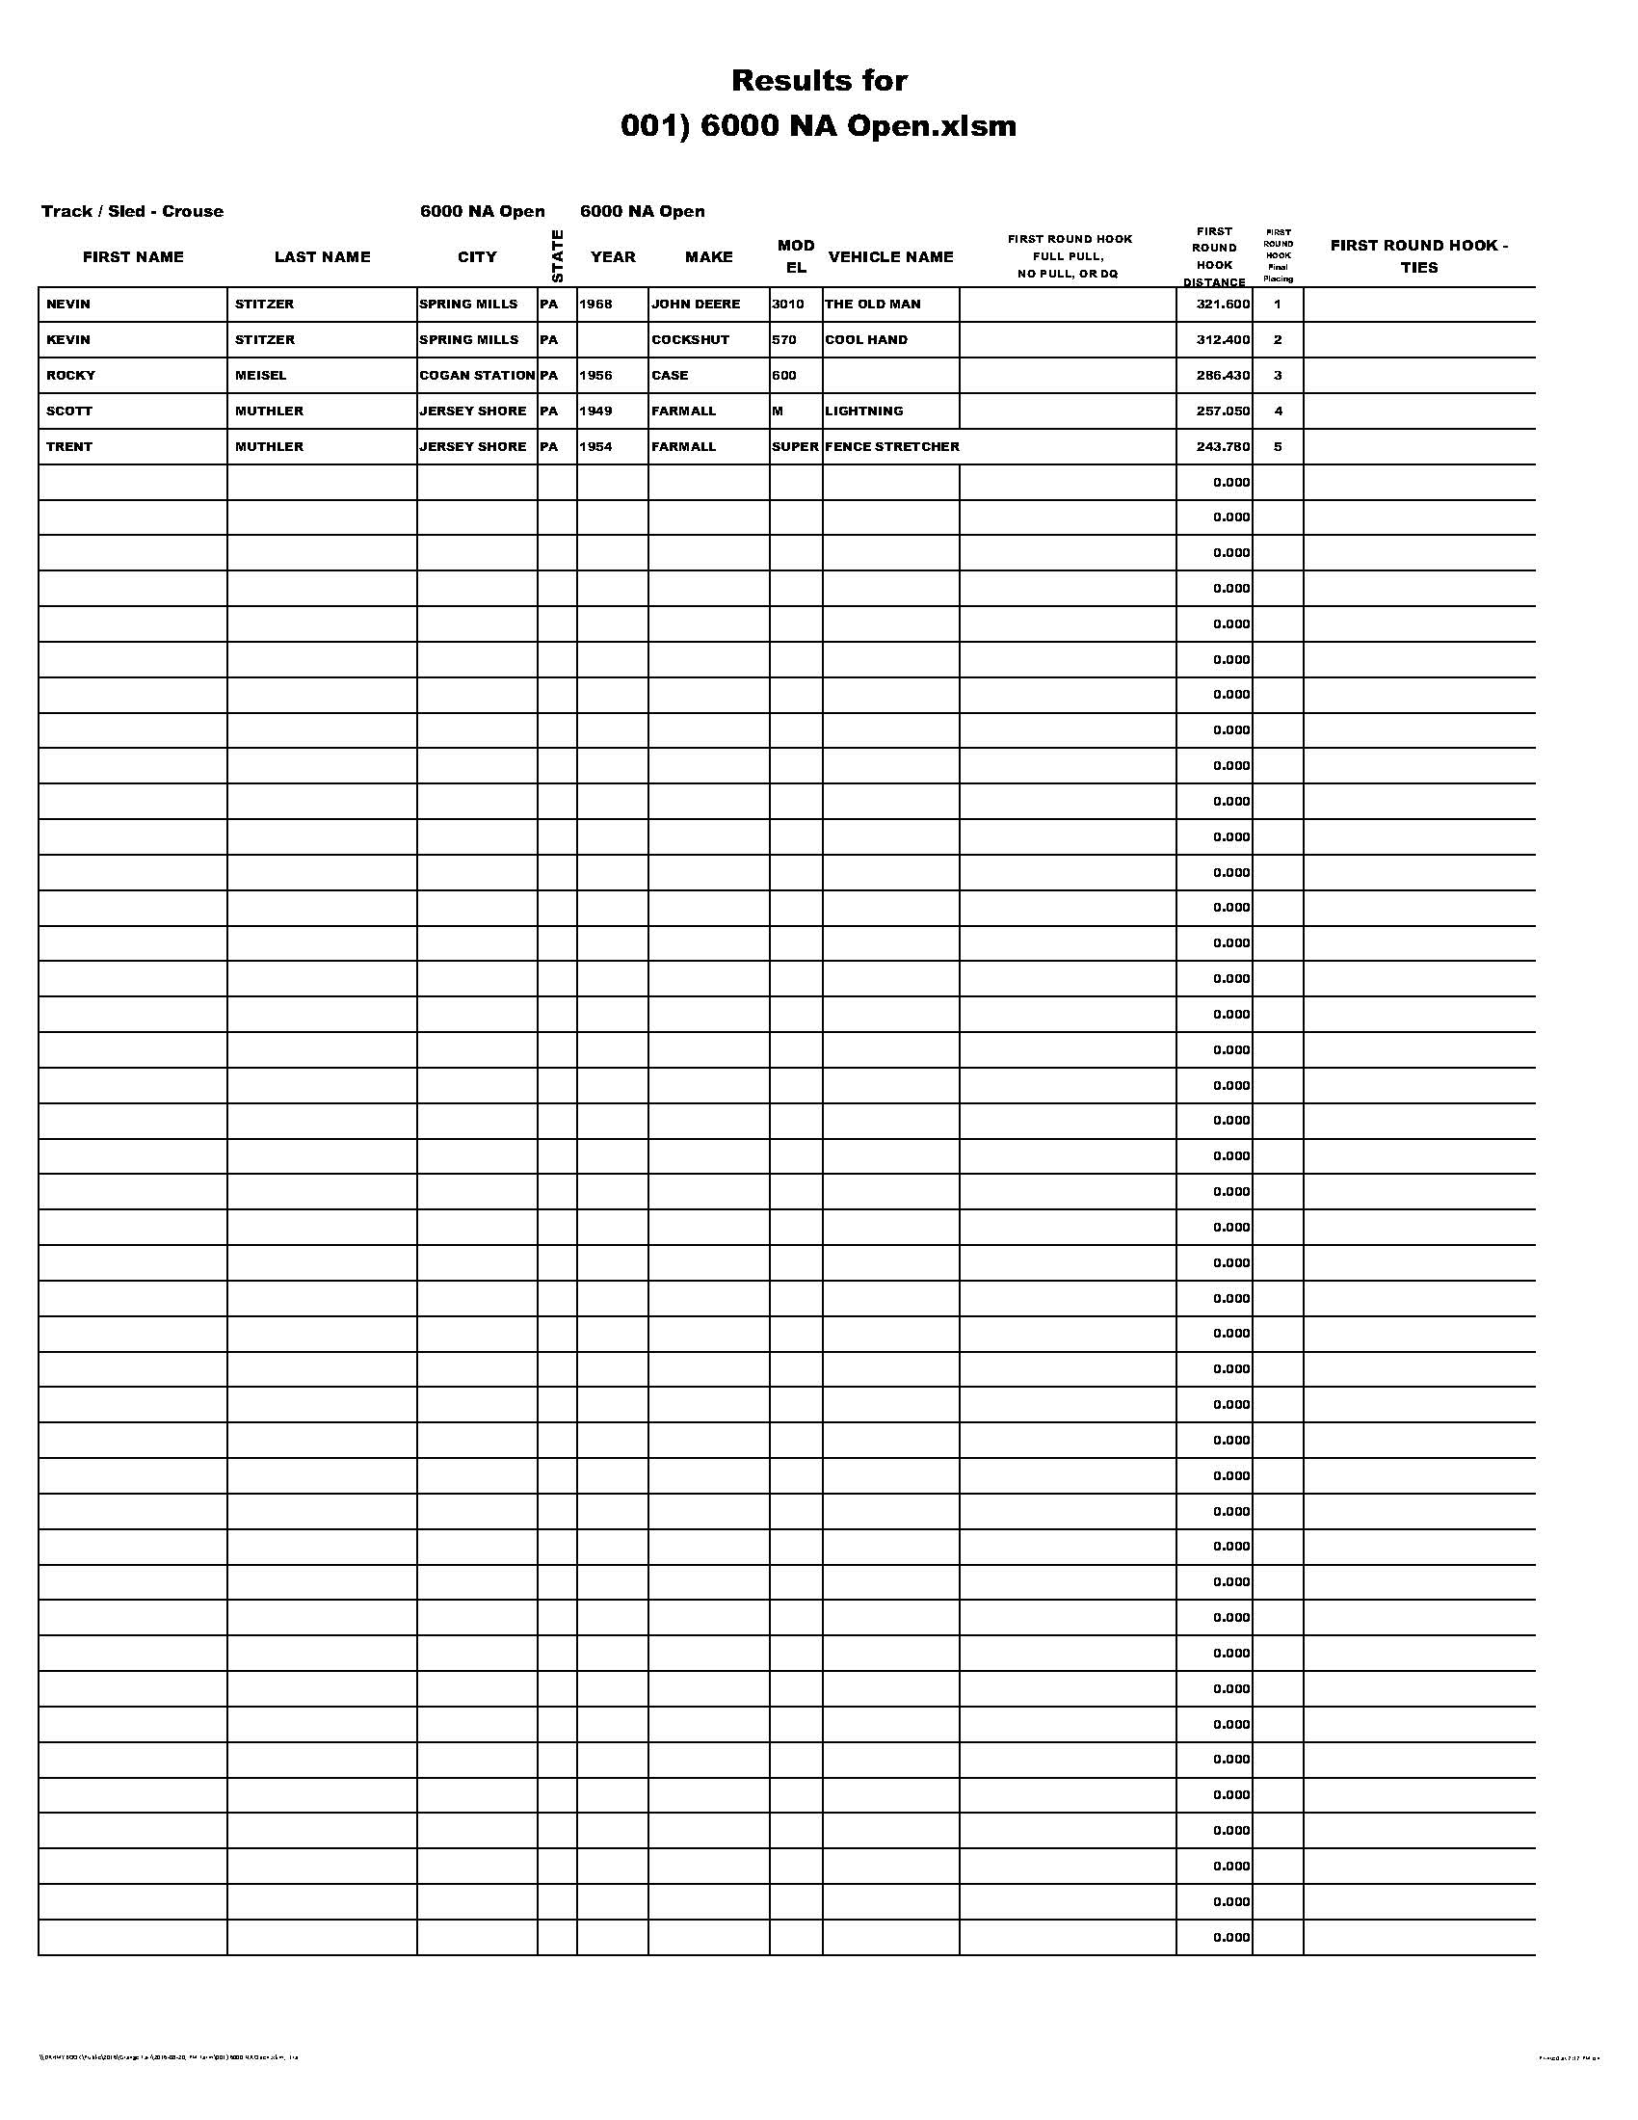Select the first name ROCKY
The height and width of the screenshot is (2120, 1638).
[x=71, y=375]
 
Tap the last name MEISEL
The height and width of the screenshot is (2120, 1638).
[x=260, y=375]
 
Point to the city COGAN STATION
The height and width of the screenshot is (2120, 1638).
[x=476, y=375]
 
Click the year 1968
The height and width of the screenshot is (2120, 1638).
[x=595, y=304]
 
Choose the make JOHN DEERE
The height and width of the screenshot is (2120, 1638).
[x=695, y=304]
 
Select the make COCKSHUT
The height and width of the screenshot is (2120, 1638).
[x=690, y=340]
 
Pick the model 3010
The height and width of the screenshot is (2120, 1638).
[x=787, y=304]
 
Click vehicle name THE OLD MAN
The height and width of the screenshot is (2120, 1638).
[x=872, y=304]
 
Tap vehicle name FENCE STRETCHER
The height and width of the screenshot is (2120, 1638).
[x=892, y=446]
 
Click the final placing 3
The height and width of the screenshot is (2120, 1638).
[x=1277, y=375]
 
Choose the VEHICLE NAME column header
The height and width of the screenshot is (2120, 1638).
[x=890, y=256]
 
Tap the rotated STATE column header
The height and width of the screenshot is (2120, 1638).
[x=557, y=255]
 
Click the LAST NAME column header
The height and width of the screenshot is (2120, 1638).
[x=322, y=256]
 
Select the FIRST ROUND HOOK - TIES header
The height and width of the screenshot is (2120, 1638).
[x=1418, y=255]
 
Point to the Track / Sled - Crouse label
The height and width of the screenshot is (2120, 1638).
[x=132, y=211]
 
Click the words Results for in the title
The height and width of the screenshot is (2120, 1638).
[x=819, y=80]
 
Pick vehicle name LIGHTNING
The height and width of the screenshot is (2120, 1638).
[x=863, y=411]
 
